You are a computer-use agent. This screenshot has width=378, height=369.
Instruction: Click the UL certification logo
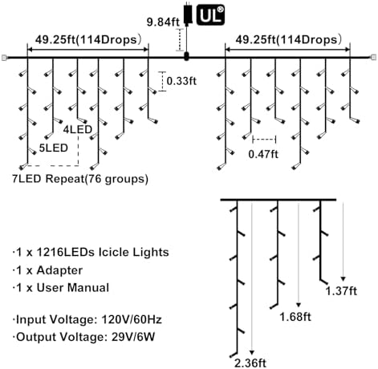pyautogui.click(x=210, y=15)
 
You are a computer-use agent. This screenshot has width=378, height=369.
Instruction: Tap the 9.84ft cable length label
pyautogui.click(x=163, y=22)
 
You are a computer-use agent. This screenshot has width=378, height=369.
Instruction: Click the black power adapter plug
pyautogui.click(x=188, y=14)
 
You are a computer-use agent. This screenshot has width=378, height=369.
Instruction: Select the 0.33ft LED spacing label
pyautogui.click(x=181, y=80)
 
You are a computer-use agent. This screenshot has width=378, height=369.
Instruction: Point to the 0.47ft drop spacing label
pyautogui.click(x=263, y=154)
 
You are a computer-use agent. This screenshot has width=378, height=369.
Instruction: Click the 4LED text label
pyautogui.click(x=78, y=129)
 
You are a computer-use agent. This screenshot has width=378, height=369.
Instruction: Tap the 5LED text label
pyautogui.click(x=54, y=148)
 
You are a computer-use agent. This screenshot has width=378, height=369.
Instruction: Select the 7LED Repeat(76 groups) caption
pyautogui.click(x=80, y=179)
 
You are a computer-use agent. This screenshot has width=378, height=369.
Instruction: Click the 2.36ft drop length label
pyautogui.click(x=250, y=363)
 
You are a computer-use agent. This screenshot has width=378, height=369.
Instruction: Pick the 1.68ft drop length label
pyautogui.click(x=295, y=317)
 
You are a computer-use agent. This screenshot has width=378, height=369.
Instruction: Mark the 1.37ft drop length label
pyautogui.click(x=341, y=290)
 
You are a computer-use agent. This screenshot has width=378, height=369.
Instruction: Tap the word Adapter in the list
pyautogui.click(x=59, y=270)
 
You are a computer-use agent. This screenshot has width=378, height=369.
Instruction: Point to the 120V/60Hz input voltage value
pyautogui.click(x=132, y=319)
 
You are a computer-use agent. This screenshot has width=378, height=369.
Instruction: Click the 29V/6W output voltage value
pyautogui.click(x=133, y=337)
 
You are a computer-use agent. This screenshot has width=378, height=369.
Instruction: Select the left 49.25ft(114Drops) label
pyautogui.click(x=88, y=39)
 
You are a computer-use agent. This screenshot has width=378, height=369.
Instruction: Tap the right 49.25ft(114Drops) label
pyautogui.click(x=289, y=39)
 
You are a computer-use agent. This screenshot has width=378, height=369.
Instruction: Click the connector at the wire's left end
pyautogui.click(x=4, y=58)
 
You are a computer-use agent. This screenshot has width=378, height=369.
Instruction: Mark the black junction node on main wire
pyautogui.click(x=186, y=57)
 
